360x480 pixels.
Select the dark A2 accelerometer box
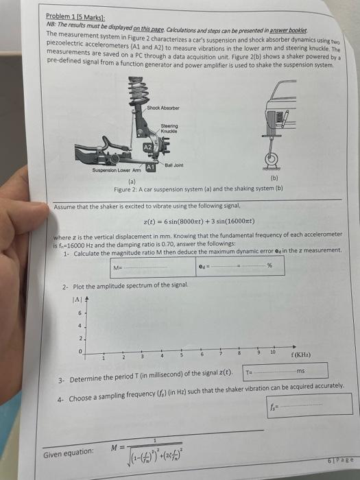click(x=147, y=147)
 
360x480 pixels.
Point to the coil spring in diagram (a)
click(x=135, y=88)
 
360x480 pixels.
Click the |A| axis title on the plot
click(x=77, y=299)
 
